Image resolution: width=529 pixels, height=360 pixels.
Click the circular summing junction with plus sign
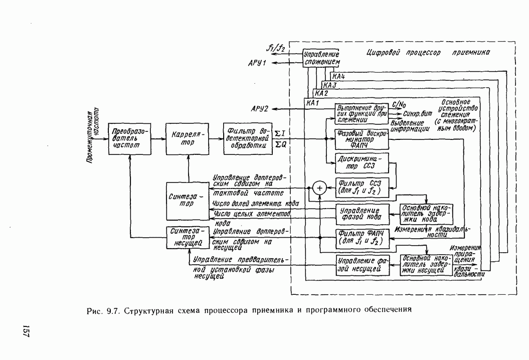319,188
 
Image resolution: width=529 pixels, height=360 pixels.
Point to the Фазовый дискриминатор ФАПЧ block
361,139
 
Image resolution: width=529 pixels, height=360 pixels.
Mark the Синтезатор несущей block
186,237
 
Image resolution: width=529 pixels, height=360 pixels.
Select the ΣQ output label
280,145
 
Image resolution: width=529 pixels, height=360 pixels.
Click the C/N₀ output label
400,105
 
